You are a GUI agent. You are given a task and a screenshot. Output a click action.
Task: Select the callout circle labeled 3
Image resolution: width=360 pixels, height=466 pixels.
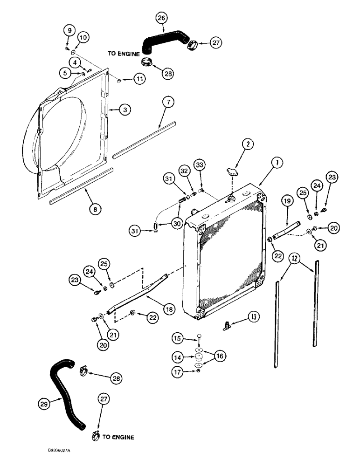tap(124, 110)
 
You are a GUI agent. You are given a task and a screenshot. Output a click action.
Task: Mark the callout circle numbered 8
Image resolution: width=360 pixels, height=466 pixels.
tap(95, 210)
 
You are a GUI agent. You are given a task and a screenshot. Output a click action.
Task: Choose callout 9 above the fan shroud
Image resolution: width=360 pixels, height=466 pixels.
tap(69, 31)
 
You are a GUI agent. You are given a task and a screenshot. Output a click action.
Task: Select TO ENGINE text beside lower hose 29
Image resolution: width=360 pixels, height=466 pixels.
tap(118, 437)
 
